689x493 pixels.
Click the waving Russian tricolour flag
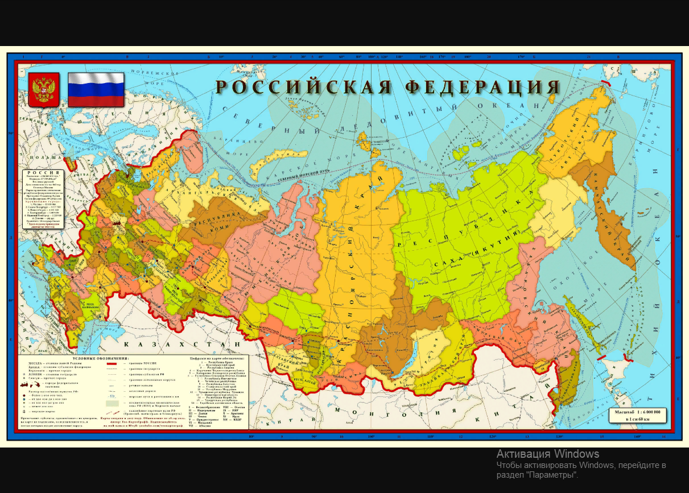click(x=96, y=90)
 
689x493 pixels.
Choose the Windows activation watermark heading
click(x=547, y=454)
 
